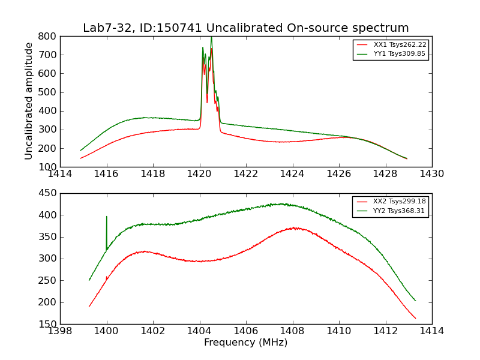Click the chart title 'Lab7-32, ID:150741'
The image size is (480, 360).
245,28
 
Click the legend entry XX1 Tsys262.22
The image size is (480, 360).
400,45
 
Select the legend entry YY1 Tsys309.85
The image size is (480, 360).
400,54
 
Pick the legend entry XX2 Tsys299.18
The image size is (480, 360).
400,202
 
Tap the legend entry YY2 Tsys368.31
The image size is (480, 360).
400,211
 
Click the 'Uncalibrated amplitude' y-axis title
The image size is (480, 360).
29,101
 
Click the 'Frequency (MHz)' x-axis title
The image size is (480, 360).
245,343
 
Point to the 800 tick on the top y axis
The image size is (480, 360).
49,36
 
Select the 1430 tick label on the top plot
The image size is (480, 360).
431,175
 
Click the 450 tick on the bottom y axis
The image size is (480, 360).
49,193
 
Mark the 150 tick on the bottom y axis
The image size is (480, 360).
49,324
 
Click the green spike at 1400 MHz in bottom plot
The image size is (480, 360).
107,217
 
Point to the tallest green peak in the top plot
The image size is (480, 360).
211,38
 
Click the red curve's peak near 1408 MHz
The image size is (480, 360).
293,228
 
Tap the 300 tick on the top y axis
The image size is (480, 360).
49,130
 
